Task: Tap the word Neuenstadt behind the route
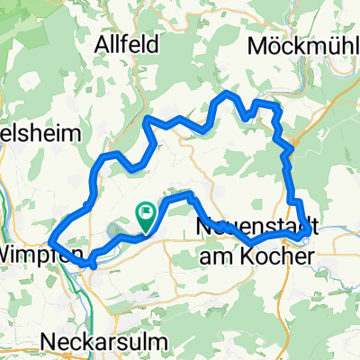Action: coord(256,229)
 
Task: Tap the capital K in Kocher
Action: coord(252,256)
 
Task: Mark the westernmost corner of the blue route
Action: coord(50,239)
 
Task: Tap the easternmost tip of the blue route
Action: coord(310,231)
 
